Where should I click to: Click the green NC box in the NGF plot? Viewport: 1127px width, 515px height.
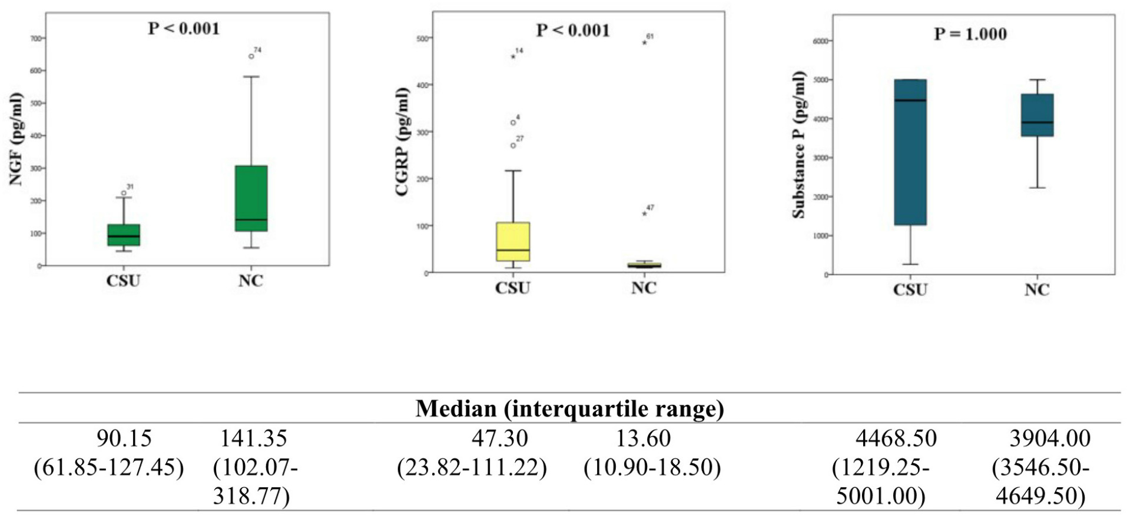point(251,198)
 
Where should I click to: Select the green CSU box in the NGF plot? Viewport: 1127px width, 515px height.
point(124,234)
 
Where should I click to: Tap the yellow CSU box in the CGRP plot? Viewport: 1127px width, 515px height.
point(513,241)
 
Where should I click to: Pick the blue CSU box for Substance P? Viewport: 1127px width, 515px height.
point(910,152)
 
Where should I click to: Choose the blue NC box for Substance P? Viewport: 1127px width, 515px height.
point(1037,115)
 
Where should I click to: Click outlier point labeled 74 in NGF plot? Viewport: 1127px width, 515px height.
point(251,57)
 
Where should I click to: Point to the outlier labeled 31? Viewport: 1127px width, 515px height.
point(124,193)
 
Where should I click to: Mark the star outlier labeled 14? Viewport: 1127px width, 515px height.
point(513,57)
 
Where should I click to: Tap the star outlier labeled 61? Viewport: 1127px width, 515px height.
point(644,42)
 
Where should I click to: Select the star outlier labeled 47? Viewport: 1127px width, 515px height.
point(644,214)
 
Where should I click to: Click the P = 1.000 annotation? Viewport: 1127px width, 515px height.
point(970,34)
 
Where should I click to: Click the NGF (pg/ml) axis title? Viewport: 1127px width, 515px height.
point(16,139)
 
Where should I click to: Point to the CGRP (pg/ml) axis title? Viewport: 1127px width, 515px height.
point(402,141)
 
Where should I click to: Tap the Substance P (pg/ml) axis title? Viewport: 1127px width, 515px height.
point(798,145)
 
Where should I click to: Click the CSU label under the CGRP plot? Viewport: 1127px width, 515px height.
point(512,288)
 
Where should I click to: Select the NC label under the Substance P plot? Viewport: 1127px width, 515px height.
point(1036,290)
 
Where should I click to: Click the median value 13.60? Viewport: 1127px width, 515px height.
point(643,438)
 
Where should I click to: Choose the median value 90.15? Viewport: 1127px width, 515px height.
point(124,438)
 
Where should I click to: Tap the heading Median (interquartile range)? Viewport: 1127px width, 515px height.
point(569,408)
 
